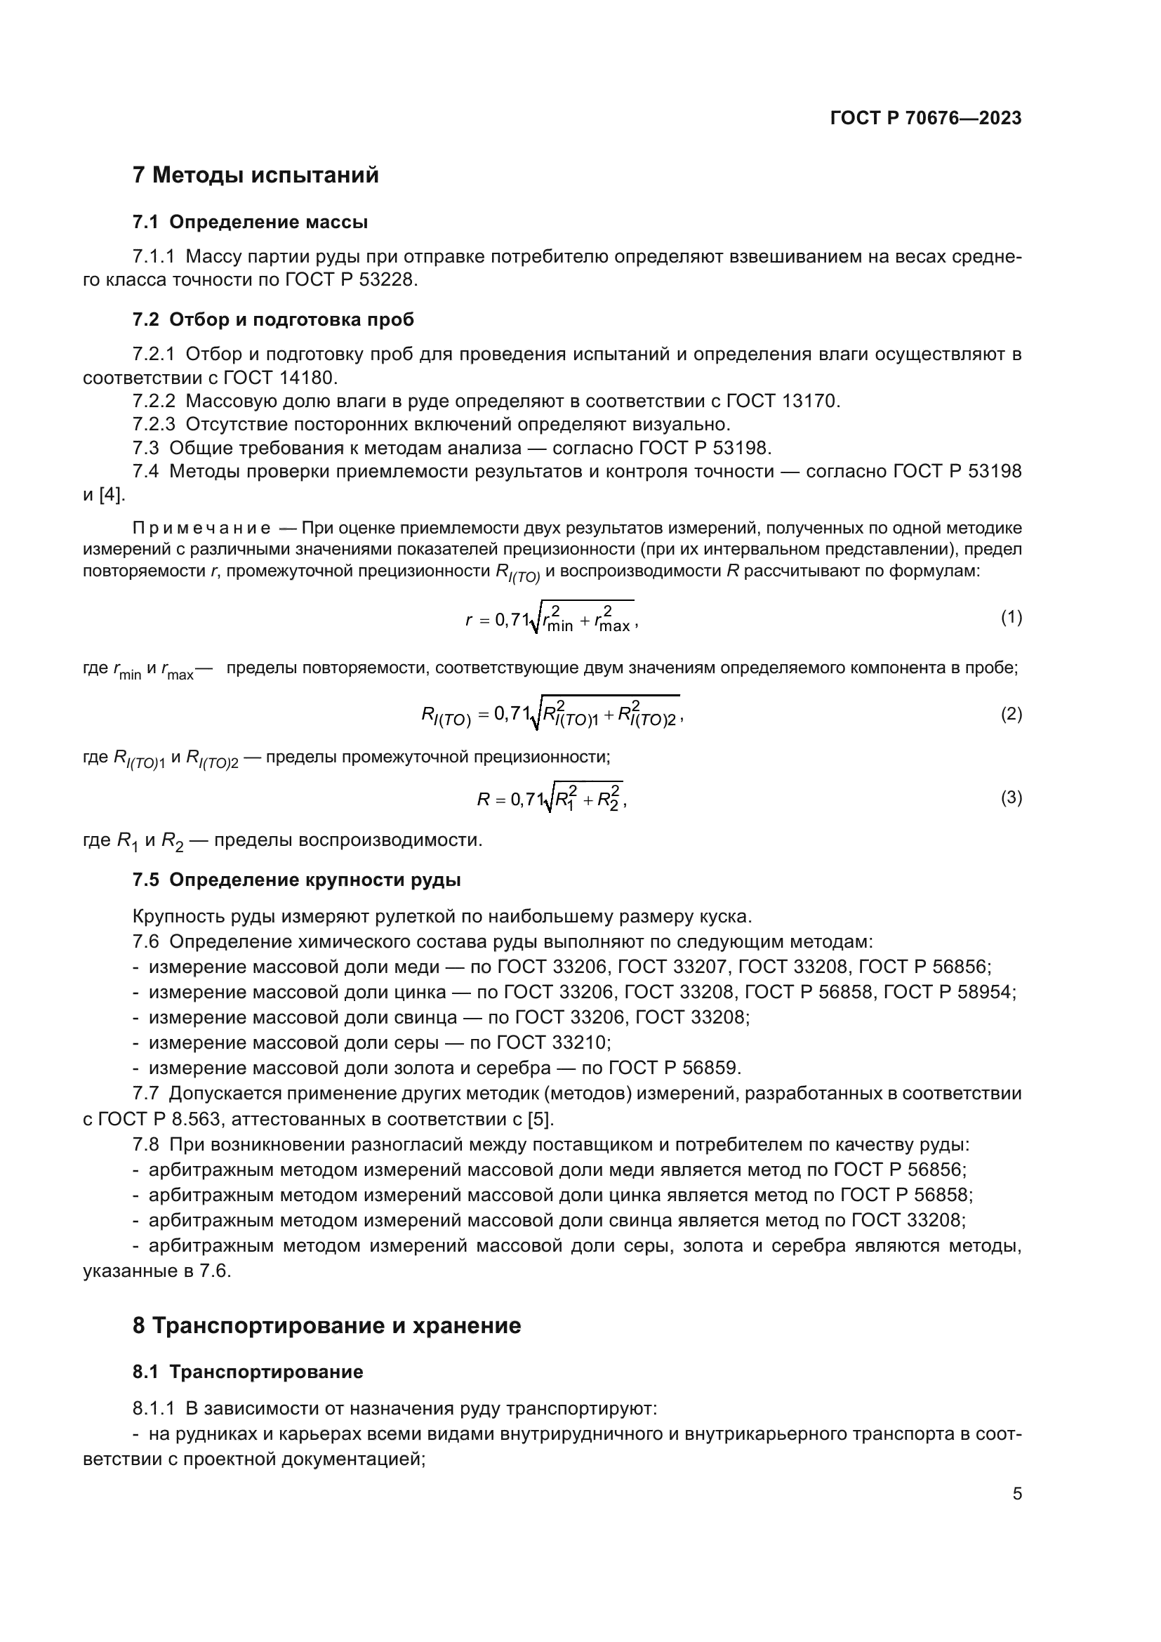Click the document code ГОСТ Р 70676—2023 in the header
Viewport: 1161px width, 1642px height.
(926, 119)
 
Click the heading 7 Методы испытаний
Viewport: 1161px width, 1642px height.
(256, 176)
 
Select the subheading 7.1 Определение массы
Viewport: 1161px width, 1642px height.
(250, 223)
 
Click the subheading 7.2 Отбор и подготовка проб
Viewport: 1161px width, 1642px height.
(273, 319)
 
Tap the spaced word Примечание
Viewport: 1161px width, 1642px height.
(201, 529)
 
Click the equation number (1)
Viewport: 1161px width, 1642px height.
(1011, 617)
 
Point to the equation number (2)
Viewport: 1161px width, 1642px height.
(1011, 714)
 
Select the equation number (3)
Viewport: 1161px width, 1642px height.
(1011, 797)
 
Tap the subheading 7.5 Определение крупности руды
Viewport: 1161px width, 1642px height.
(297, 880)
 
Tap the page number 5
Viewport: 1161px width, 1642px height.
(1017, 1494)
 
